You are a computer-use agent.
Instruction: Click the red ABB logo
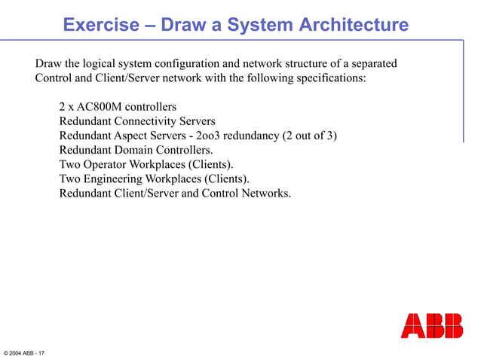[431, 325]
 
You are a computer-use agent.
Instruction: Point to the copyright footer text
[24, 352]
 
